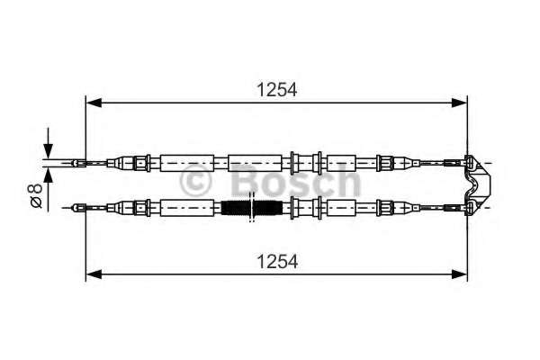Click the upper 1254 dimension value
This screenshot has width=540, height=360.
click(x=276, y=89)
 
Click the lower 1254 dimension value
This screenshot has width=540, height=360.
click(x=276, y=262)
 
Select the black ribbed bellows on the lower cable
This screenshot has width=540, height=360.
click(x=252, y=208)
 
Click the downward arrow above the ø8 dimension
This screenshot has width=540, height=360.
click(x=49, y=148)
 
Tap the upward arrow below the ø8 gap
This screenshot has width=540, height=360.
click(x=49, y=179)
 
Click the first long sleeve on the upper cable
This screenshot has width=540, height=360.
click(x=187, y=163)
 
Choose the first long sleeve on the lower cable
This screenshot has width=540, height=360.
click(x=187, y=208)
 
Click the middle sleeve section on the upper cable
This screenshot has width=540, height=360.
click(x=255, y=163)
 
